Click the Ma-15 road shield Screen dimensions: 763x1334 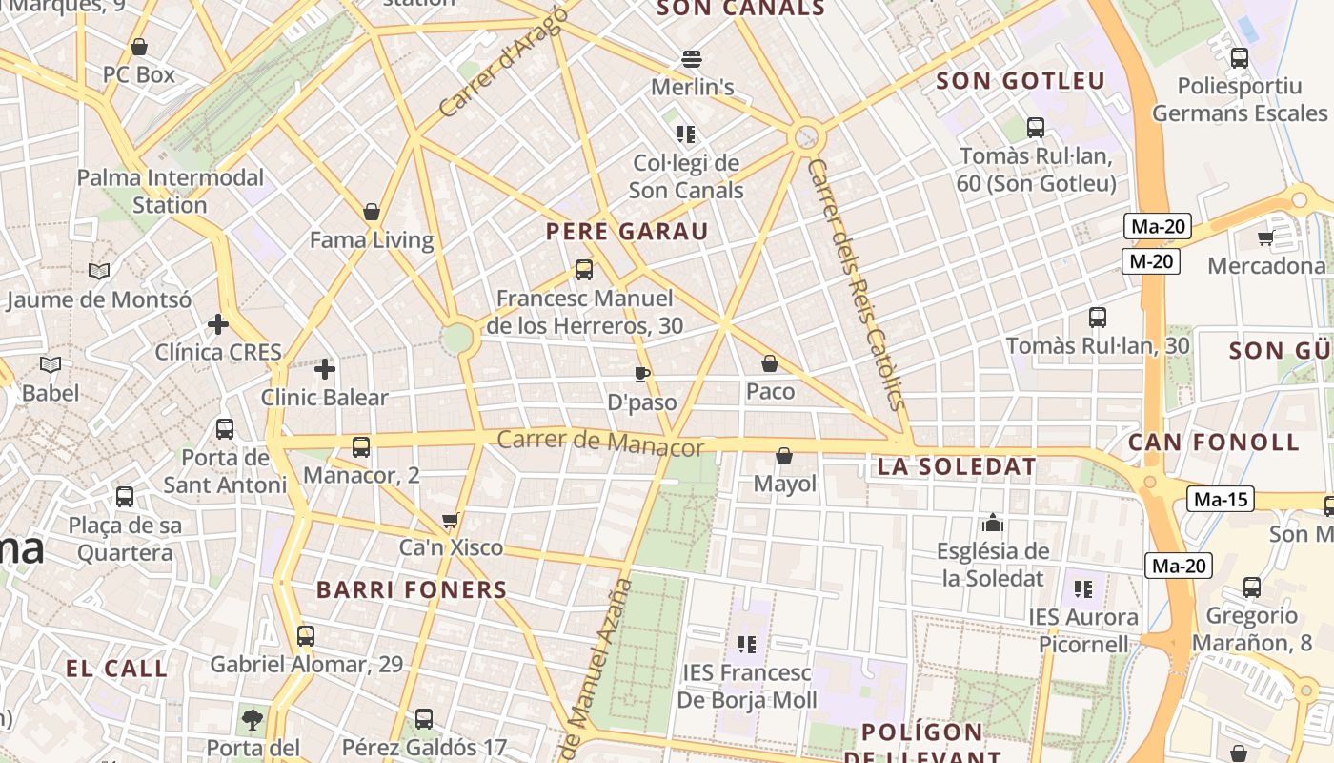pyautogui.click(x=1220, y=499)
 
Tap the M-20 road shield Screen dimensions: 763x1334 pyautogui.click(x=1151, y=261)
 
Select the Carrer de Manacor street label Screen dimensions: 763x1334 pyautogui.click(x=600, y=443)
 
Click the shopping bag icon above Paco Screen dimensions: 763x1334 pyautogui.click(x=770, y=363)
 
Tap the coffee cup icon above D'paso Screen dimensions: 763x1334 pyautogui.click(x=642, y=373)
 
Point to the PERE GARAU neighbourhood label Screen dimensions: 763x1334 pyautogui.click(x=627, y=232)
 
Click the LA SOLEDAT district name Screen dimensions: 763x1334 pyautogui.click(x=956, y=466)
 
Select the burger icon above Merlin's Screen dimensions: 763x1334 pyautogui.click(x=692, y=59)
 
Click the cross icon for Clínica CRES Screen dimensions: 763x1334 pyautogui.click(x=218, y=324)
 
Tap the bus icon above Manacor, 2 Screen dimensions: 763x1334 pyautogui.click(x=361, y=446)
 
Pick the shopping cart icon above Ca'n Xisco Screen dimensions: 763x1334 pyautogui.click(x=451, y=521)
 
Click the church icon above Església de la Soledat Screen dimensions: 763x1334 pyautogui.click(x=993, y=523)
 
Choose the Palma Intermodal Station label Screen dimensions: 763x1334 pyautogui.click(x=170, y=191)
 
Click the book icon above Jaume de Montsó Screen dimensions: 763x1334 pyautogui.click(x=99, y=271)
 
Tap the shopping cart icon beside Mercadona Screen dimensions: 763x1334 pyautogui.click(x=1265, y=237)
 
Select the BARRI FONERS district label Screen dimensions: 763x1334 pyautogui.click(x=412, y=589)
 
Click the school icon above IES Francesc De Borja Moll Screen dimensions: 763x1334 pyautogui.click(x=747, y=644)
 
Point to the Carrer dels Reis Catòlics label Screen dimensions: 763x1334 pyautogui.click(x=855, y=284)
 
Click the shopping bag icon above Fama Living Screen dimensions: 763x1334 pyautogui.click(x=372, y=211)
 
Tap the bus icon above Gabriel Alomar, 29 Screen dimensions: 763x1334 pyautogui.click(x=306, y=635)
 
